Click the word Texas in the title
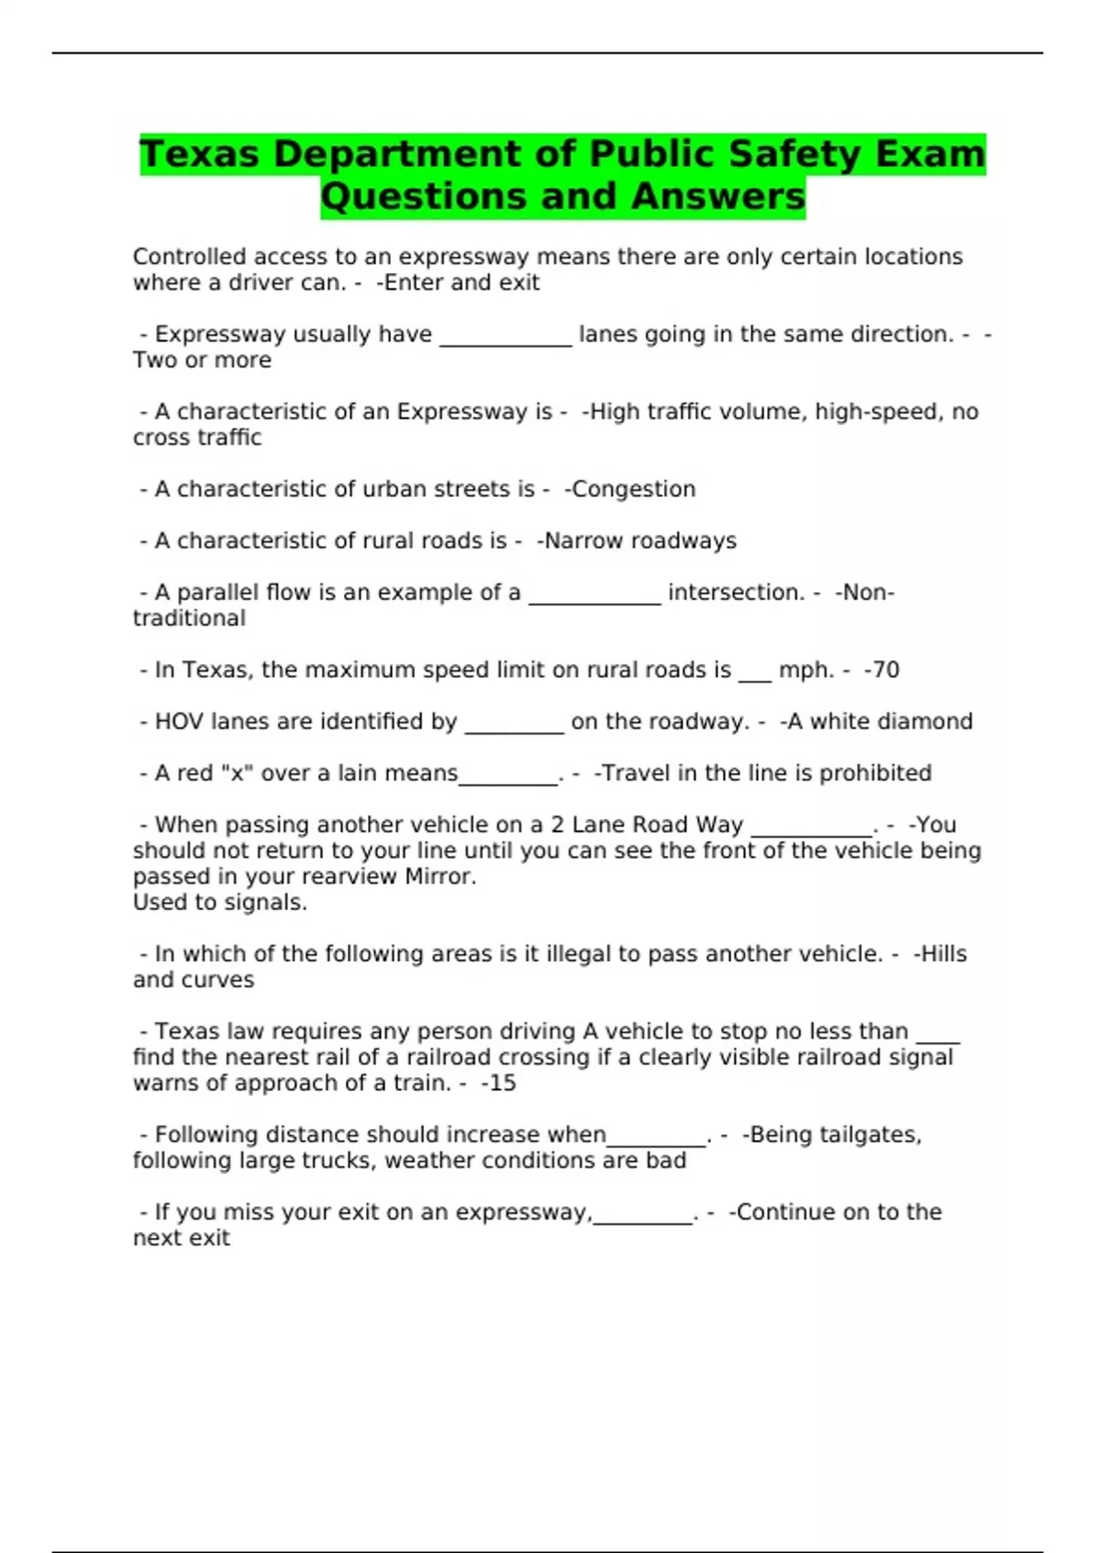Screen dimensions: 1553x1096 [x=199, y=154]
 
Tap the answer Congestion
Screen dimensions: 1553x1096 [x=633, y=490]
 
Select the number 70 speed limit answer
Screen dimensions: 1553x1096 [x=886, y=671]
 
